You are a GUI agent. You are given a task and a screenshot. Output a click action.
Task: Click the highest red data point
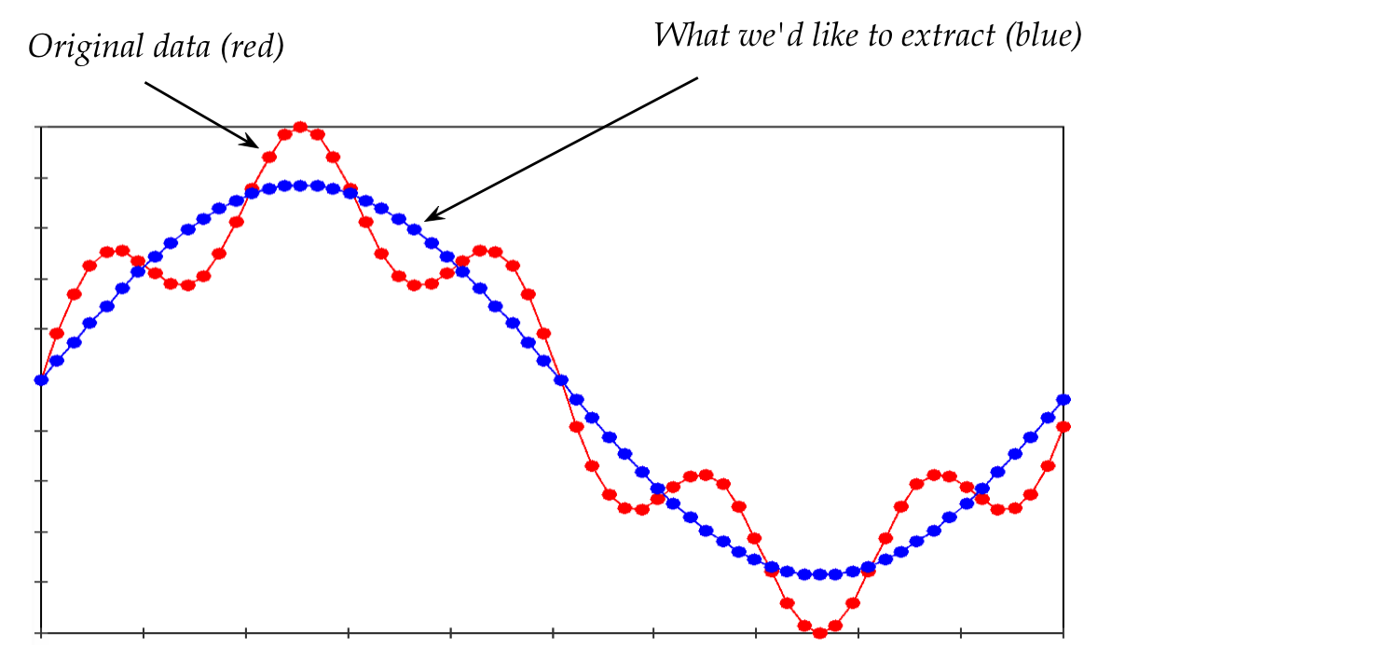(x=300, y=127)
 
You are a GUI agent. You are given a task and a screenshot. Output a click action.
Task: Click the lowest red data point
(x=820, y=633)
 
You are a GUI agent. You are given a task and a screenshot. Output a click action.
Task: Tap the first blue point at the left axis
(x=41, y=379)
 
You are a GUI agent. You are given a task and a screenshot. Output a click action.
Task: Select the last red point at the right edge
(x=1064, y=426)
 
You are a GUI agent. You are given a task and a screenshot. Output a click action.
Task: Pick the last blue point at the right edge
(x=1064, y=399)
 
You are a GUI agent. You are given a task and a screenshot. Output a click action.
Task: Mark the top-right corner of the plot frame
(x=1064, y=126)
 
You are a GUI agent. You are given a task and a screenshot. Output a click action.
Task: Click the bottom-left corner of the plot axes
(x=41, y=633)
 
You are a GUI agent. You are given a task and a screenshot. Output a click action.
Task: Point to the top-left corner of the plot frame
(x=41, y=126)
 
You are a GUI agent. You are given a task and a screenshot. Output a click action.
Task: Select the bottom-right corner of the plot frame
(x=1064, y=633)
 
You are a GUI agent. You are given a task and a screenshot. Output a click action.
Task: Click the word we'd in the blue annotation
(x=765, y=36)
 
